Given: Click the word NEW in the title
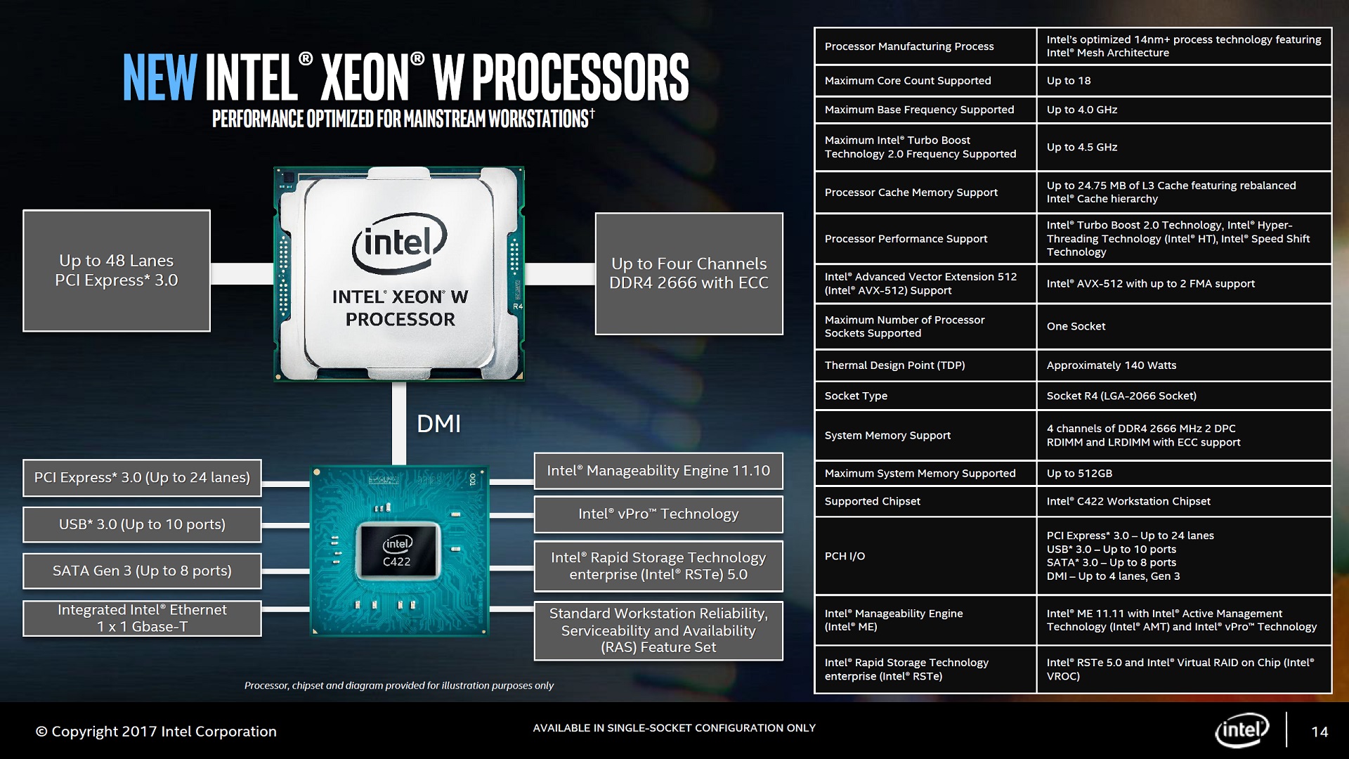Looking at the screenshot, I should click(159, 77).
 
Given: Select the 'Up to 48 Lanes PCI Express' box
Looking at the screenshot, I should click(117, 271).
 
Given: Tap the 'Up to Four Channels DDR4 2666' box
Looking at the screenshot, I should click(689, 273).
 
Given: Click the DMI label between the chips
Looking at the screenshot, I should click(438, 424).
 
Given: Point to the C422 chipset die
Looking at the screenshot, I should click(397, 552).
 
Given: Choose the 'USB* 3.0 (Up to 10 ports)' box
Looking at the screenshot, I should click(142, 524).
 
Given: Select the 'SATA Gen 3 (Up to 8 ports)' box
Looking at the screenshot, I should click(142, 571).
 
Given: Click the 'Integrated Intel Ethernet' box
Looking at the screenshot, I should click(142, 618).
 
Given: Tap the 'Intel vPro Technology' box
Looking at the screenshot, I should click(658, 514).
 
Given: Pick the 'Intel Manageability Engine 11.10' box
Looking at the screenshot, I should click(658, 471).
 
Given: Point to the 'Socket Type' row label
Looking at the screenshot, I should click(856, 396).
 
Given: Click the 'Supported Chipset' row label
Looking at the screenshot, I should click(873, 501).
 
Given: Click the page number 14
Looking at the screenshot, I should click(1319, 732).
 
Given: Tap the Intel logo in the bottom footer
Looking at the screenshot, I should click(1242, 730).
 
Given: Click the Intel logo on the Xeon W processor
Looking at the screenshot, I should click(399, 243).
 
